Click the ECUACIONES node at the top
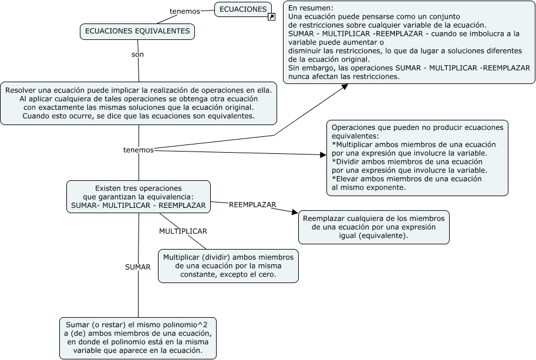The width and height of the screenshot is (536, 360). pos(243,9)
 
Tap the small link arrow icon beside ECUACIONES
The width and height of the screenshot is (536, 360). pos(271,17)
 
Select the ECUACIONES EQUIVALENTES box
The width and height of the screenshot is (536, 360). pos(137,32)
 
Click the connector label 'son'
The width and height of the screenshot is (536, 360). pos(137,54)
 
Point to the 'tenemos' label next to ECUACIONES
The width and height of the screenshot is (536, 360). pos(184,11)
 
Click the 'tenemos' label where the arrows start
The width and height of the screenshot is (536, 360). pos(138,150)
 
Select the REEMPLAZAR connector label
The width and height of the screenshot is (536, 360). pos(252,204)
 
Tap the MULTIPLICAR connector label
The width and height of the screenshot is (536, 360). pos(183,231)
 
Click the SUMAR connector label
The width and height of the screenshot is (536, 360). pos(138,267)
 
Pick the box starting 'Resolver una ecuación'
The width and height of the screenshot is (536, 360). pos(139,103)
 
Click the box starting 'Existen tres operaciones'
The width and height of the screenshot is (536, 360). pos(138,197)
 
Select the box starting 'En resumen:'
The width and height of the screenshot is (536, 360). pos(409,42)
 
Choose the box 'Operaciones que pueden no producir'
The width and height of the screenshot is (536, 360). pos(417,157)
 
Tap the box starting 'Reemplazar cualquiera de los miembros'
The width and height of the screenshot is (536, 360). pos(374,227)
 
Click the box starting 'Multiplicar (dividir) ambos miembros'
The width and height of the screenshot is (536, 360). pos(228,265)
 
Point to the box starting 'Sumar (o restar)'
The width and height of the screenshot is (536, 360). pos(138,338)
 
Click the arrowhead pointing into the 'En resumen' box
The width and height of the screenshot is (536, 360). pos(345,87)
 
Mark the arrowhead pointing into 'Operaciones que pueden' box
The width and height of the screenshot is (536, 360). pos(322,155)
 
